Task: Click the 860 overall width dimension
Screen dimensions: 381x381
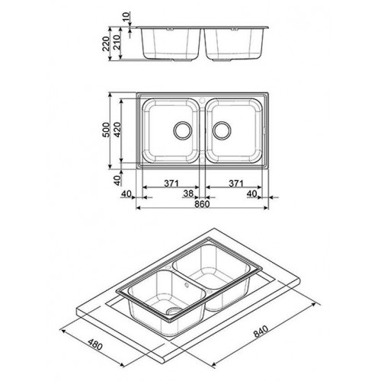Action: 203,203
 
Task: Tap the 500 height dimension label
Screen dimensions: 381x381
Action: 106,130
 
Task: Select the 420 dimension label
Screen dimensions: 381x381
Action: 117,130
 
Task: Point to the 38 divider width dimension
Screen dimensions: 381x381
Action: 188,194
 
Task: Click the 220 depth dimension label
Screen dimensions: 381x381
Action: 106,43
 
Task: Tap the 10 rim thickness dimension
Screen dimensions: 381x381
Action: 127,18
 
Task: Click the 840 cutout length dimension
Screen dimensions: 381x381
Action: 261,331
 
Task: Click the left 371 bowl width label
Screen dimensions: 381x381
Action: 171,183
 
